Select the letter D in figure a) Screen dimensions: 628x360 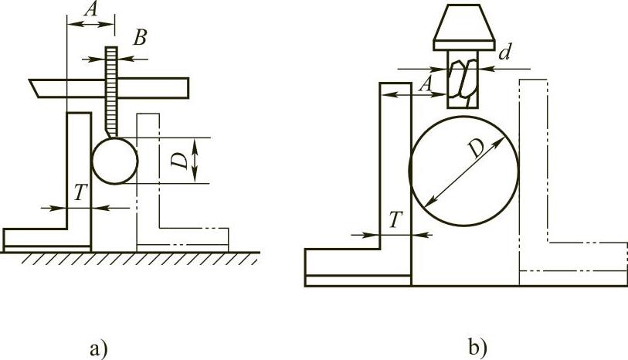(x=178, y=160)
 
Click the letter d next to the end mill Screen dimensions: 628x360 (x=504, y=53)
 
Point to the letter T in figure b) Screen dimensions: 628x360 (x=394, y=220)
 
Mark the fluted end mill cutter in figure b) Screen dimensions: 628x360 (x=463, y=78)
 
